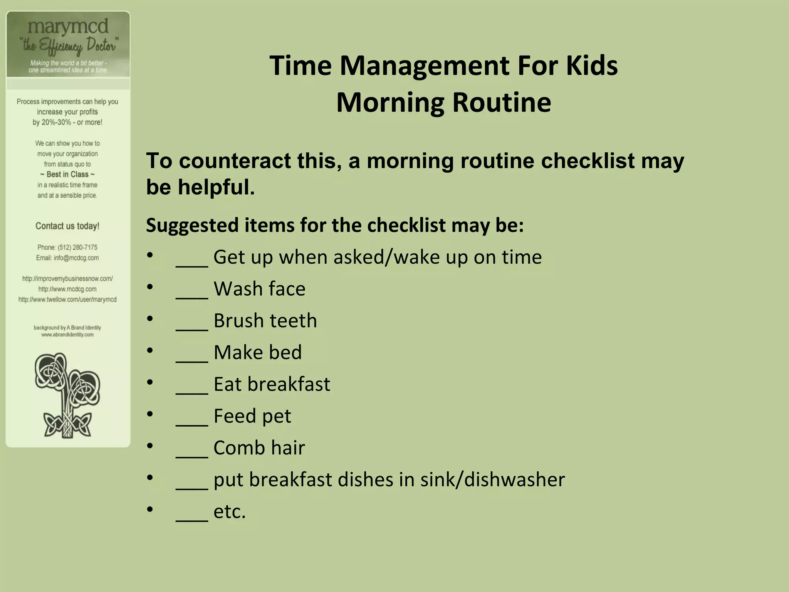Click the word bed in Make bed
(x=285, y=352)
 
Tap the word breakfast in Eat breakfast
(x=289, y=384)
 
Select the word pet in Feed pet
(x=277, y=416)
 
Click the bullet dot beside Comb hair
(x=150, y=446)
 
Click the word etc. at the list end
(x=229, y=512)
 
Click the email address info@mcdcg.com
(x=76, y=258)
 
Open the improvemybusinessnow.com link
(x=67, y=279)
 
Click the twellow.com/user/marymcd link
(x=67, y=299)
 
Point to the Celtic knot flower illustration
(x=67, y=395)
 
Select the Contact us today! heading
(x=67, y=226)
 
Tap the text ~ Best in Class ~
(x=67, y=175)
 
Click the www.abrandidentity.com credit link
(x=67, y=335)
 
